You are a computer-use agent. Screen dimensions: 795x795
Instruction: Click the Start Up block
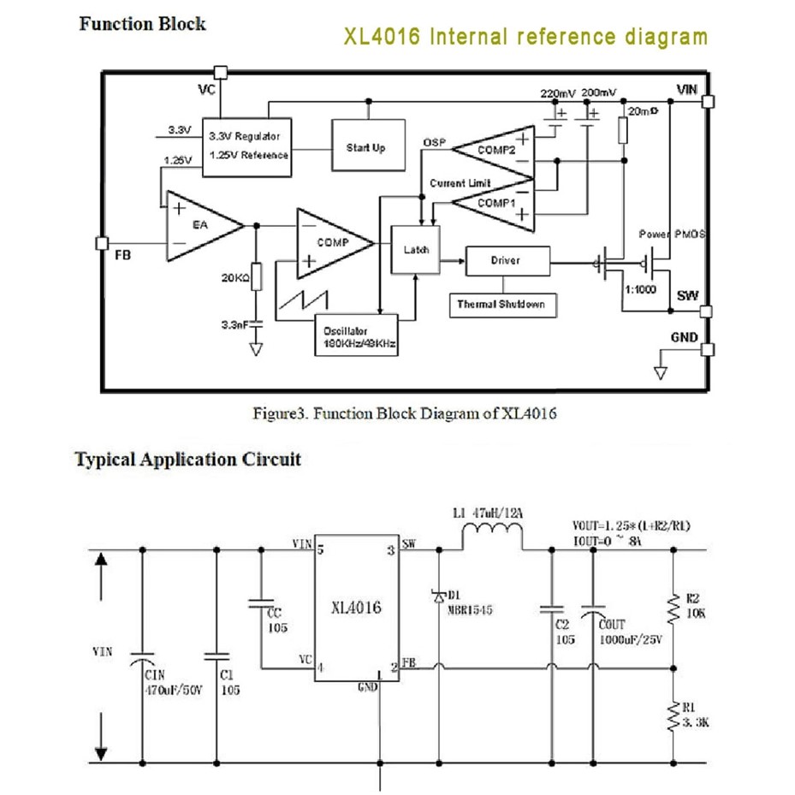pos(365,147)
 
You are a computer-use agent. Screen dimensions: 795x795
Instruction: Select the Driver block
pos(507,260)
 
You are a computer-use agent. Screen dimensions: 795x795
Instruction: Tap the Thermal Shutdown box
pos(501,304)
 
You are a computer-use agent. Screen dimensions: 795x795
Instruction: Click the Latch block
pos(415,250)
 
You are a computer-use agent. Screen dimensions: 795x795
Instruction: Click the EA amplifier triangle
pos(199,225)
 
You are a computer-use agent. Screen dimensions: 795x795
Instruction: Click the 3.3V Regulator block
pos(245,145)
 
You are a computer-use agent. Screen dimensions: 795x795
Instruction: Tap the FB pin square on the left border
pos(102,243)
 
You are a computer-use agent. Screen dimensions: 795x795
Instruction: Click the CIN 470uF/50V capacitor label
pos(169,683)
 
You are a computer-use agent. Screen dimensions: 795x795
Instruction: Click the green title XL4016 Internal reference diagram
pos(525,37)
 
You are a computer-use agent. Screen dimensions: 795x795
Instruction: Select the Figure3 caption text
pos(405,414)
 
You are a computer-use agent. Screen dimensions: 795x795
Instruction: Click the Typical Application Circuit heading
pos(188,459)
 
